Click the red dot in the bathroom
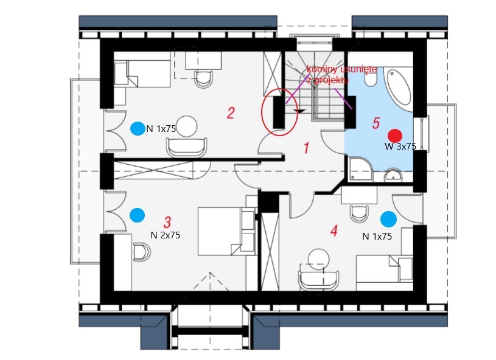tap(395, 136)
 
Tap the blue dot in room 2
tap(138, 129)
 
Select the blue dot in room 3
tap(138, 215)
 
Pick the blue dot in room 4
tap(388, 220)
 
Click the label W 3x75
tap(400, 147)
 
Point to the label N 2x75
tap(166, 235)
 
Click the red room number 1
tap(306, 148)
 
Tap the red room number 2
tap(231, 113)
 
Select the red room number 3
tap(167, 222)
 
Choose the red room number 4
tap(334, 230)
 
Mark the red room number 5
tap(375, 123)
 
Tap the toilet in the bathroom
tap(370, 78)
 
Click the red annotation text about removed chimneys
tap(341, 75)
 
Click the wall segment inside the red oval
tap(279, 112)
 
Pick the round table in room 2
tap(187, 126)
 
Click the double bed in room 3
tap(226, 231)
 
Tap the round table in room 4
tap(319, 259)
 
